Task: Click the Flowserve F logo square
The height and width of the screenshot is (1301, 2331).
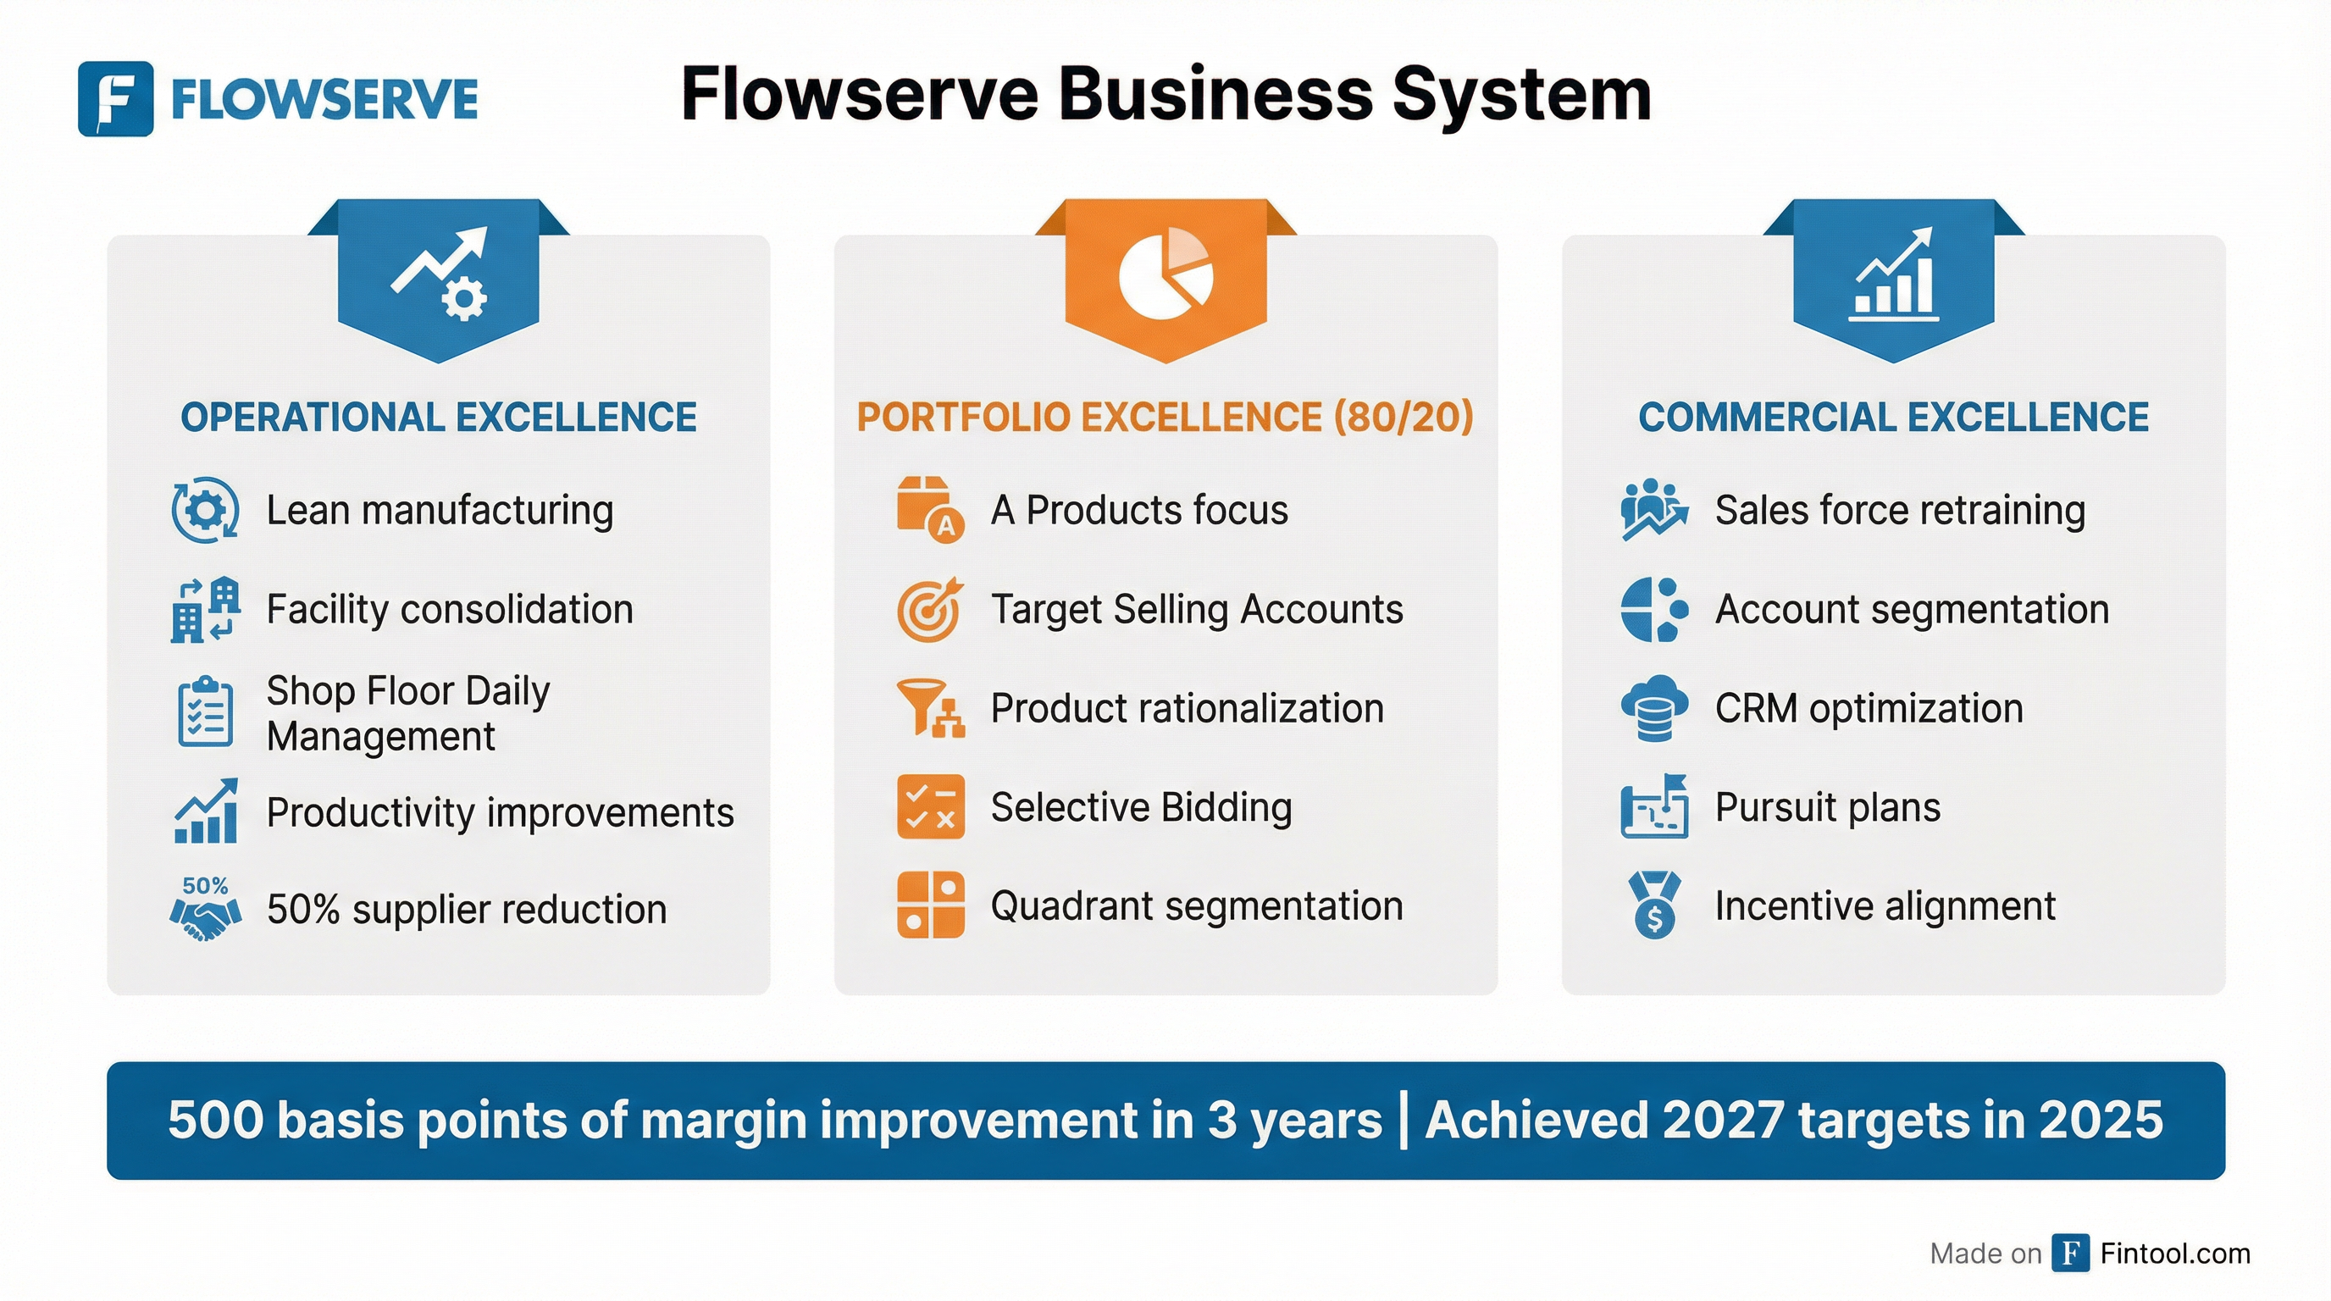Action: click(115, 98)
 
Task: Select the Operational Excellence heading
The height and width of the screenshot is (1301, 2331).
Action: click(438, 417)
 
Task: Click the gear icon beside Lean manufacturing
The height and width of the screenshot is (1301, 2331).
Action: click(206, 510)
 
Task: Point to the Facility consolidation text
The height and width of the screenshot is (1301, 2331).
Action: click(450, 609)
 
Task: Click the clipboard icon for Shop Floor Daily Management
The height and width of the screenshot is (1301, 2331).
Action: click(206, 712)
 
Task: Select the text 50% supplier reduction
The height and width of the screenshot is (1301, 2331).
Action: click(466, 909)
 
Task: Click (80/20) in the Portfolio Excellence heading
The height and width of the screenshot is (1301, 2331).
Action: click(1404, 417)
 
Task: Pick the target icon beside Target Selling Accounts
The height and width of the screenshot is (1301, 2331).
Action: click(929, 610)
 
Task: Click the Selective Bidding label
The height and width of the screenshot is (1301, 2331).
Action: click(1141, 807)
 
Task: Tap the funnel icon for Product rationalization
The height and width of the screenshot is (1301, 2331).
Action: click(929, 708)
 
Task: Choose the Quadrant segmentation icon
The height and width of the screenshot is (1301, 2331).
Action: click(930, 905)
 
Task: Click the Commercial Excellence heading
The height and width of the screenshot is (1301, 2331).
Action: click(1893, 417)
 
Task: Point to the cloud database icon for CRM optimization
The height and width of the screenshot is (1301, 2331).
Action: click(1654, 708)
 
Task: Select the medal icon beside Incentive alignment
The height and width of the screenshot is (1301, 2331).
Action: click(1654, 905)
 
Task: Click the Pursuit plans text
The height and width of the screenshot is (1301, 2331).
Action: click(1827, 807)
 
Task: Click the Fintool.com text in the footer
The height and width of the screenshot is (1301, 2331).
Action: click(2174, 1253)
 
